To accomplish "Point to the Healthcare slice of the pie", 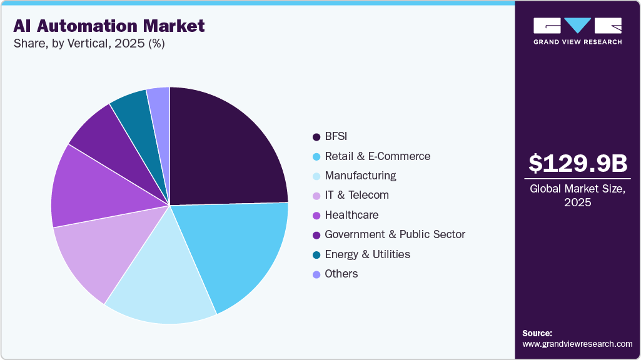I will [88, 191].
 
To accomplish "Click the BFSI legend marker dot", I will [316, 137].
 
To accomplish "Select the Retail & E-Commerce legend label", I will [377, 156].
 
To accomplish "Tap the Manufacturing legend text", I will [360, 176].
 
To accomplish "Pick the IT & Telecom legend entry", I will [356, 195].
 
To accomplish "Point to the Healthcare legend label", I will [351, 215].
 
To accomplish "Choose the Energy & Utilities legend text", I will [367, 254].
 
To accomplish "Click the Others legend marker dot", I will [316, 274].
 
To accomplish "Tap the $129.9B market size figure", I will [577, 164].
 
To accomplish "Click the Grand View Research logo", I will [577, 31].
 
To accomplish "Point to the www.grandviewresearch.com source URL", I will [577, 344].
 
